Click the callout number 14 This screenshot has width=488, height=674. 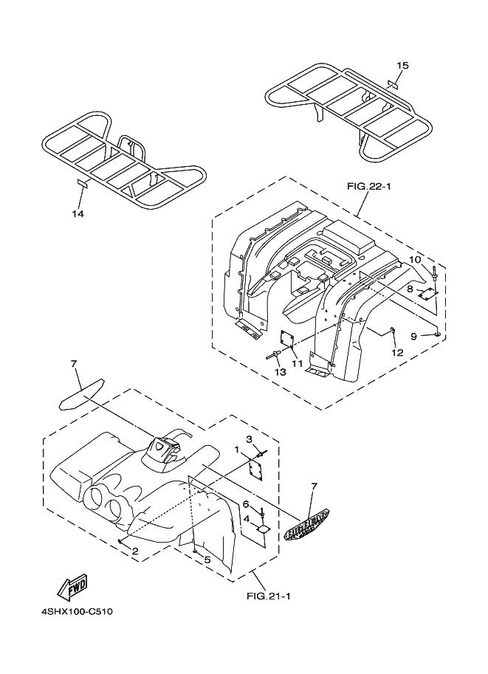pyautogui.click(x=78, y=213)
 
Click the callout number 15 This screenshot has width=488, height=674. pyautogui.click(x=402, y=66)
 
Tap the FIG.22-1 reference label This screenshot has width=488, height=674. pyautogui.click(x=368, y=186)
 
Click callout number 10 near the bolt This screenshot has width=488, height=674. pyautogui.click(x=415, y=260)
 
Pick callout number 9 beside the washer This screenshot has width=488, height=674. pyautogui.click(x=415, y=336)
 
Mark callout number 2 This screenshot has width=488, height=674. pyautogui.click(x=135, y=551)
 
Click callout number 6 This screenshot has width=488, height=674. pyautogui.click(x=246, y=503)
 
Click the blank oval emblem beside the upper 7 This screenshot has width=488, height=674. pyautogui.click(x=80, y=391)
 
